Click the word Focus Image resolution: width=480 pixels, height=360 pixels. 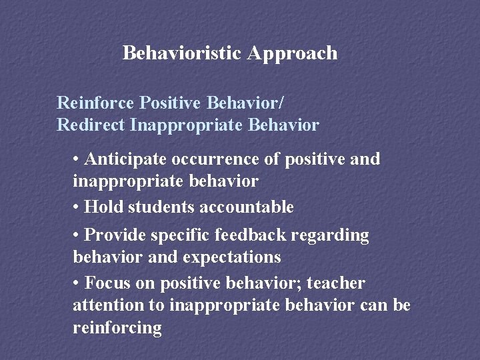point(108,283)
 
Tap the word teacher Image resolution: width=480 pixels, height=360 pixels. point(335,283)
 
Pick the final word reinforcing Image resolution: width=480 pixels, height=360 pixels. point(117,328)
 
